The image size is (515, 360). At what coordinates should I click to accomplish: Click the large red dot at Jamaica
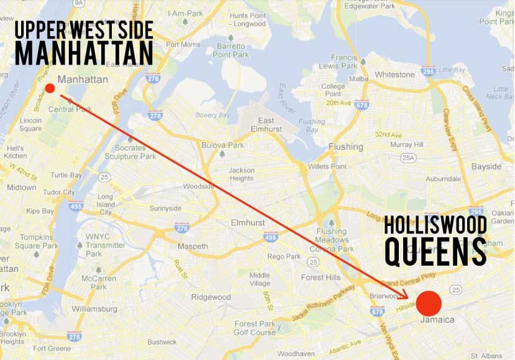(x=429, y=303)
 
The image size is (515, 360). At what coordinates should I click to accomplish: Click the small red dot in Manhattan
(x=50, y=89)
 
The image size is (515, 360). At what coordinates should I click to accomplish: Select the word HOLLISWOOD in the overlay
(x=435, y=225)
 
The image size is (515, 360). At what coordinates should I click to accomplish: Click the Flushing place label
(x=345, y=147)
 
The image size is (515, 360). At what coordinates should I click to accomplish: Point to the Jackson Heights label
(x=242, y=174)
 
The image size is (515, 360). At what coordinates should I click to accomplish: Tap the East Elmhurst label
(x=266, y=124)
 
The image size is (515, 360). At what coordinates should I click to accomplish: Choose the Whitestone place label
(x=394, y=74)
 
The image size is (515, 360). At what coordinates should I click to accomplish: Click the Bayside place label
(x=486, y=166)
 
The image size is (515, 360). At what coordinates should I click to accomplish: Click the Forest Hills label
(x=318, y=277)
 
